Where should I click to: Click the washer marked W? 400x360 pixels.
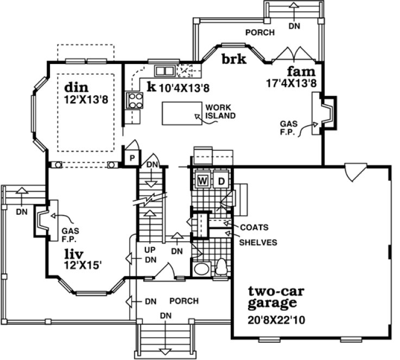(203, 180)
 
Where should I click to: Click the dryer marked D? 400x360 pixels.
(221, 180)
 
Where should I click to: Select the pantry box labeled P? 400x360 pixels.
(131, 158)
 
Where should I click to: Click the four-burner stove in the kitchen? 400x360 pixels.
(134, 100)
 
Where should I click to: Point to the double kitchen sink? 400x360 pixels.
(163, 70)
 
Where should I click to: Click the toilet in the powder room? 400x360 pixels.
(221, 266)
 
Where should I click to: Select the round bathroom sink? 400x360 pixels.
(201, 269)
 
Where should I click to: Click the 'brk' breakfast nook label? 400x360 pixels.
(234, 59)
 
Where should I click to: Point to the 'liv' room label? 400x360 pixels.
(75, 253)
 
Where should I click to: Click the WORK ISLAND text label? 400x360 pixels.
(220, 112)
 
